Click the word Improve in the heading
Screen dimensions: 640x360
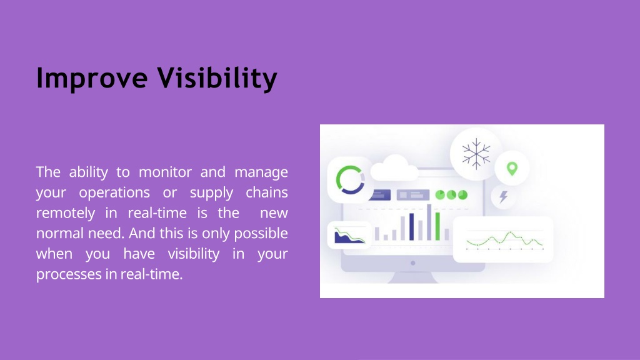pos(92,78)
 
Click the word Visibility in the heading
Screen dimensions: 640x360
pos(217,78)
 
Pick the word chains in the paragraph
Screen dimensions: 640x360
pos(267,192)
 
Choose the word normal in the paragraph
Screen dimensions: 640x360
pos(58,233)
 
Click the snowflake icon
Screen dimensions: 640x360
pos(476,154)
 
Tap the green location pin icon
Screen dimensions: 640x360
pos(512,169)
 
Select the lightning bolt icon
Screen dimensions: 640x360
pos(504,197)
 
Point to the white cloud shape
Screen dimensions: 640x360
pos(394,168)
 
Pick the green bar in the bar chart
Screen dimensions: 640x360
pos(437,226)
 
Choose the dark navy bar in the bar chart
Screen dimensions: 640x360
pos(411,227)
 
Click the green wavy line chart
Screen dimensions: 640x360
pos(504,240)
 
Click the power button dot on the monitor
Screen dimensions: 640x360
pos(413,263)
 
